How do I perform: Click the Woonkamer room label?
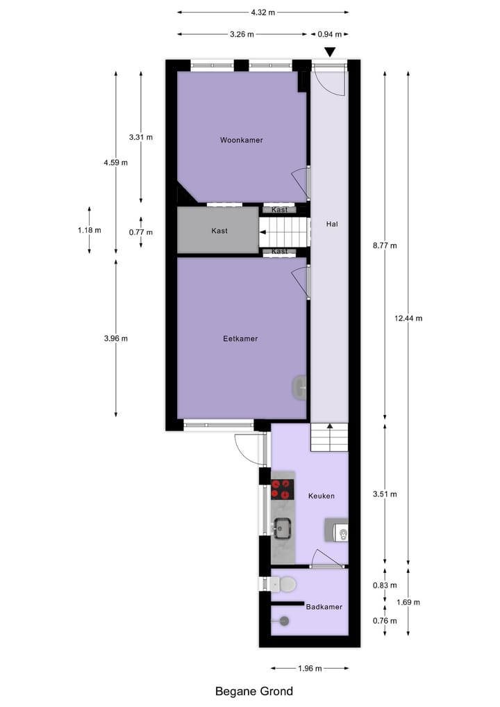point(242,140)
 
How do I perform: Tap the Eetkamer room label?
point(240,339)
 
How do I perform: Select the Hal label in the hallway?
point(331,224)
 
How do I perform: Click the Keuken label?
point(322,496)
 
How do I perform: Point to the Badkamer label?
point(324,607)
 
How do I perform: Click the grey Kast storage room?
point(218,231)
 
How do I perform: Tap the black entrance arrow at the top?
point(330,51)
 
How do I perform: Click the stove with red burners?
point(283,489)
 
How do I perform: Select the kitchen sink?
point(283,528)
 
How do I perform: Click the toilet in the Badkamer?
point(285,584)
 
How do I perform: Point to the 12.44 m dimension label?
point(408,318)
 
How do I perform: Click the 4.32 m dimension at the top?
point(262,12)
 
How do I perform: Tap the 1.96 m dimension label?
point(310,668)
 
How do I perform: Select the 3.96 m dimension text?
point(116,339)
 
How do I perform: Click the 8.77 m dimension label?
point(385,245)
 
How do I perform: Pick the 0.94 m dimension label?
point(328,33)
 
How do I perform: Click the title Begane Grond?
point(254,691)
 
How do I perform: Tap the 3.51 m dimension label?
point(385,494)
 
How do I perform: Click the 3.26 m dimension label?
point(241,33)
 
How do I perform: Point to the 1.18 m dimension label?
point(90,230)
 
